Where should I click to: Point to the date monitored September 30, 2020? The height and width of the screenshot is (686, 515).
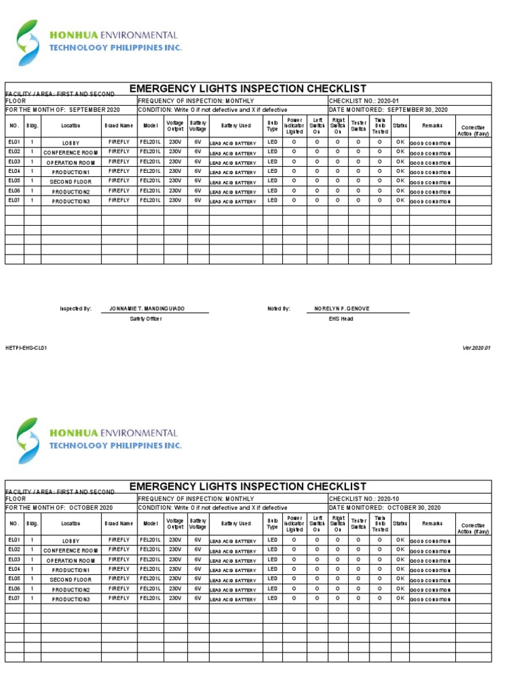388,110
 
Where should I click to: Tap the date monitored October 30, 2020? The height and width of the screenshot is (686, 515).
385,508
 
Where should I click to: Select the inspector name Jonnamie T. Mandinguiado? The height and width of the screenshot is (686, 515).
147,309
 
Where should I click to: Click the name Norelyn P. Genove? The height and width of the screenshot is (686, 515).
342,309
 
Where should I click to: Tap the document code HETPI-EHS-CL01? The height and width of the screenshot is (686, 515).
26,348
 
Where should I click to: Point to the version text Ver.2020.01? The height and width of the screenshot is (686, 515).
477,348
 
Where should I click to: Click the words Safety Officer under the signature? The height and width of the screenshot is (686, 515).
146,319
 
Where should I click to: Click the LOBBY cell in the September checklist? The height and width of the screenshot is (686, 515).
71,143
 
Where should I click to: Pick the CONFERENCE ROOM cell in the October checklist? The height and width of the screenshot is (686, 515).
71,551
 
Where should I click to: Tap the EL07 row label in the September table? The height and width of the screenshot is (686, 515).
14,200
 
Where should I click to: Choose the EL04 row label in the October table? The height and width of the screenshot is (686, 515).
14,569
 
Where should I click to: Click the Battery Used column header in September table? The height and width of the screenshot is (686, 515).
235,126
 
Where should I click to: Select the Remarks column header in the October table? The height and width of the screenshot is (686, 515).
433,523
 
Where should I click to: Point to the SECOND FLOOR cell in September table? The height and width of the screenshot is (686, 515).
71,182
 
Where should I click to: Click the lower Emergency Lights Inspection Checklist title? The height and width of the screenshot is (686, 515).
247,486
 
